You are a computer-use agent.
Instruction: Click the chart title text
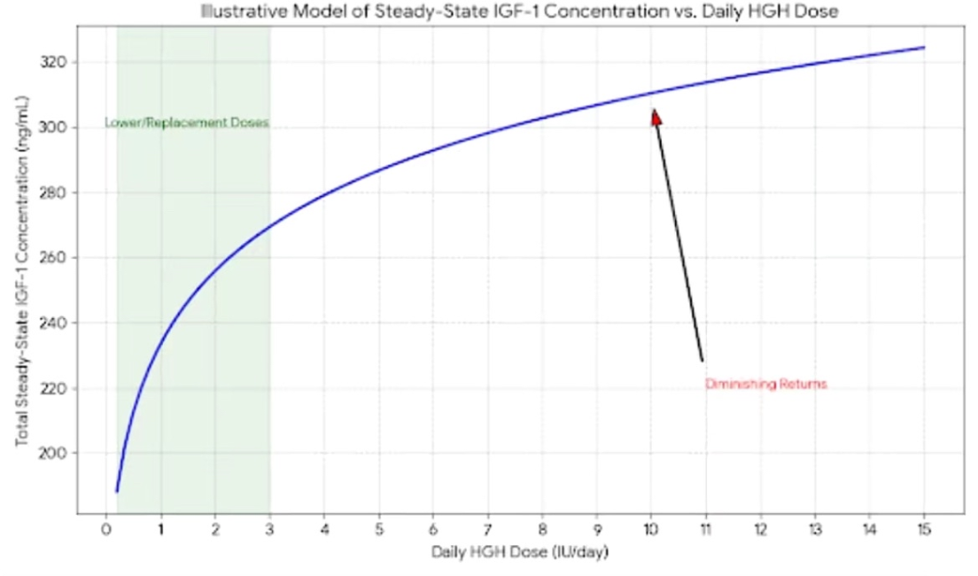point(519,12)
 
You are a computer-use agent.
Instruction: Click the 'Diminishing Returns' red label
point(765,385)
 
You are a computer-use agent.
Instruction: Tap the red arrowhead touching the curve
point(656,116)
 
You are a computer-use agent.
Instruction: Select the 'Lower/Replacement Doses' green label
point(186,123)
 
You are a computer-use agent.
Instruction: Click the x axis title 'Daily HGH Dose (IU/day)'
point(520,552)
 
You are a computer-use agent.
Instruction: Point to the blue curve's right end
point(924,48)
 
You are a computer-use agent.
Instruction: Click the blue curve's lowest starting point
point(117,491)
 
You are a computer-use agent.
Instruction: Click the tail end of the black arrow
point(702,360)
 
